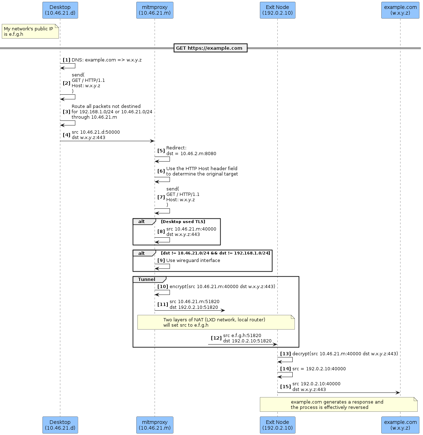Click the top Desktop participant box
(60, 10)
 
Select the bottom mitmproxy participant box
(155, 425)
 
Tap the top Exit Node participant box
(277, 10)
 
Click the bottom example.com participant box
(400, 425)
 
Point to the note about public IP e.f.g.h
(30, 31)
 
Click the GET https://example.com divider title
(210, 48)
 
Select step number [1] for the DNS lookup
(66, 60)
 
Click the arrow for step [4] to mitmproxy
(107, 141)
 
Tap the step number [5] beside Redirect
(161, 151)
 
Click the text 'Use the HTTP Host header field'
(202, 169)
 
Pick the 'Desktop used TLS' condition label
(183, 222)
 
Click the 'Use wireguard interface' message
(193, 261)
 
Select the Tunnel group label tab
(147, 280)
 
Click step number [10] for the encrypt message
(163, 287)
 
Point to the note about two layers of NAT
(216, 322)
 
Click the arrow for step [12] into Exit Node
(243, 345)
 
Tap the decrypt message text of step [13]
(345, 354)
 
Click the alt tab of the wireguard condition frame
(142, 253)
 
